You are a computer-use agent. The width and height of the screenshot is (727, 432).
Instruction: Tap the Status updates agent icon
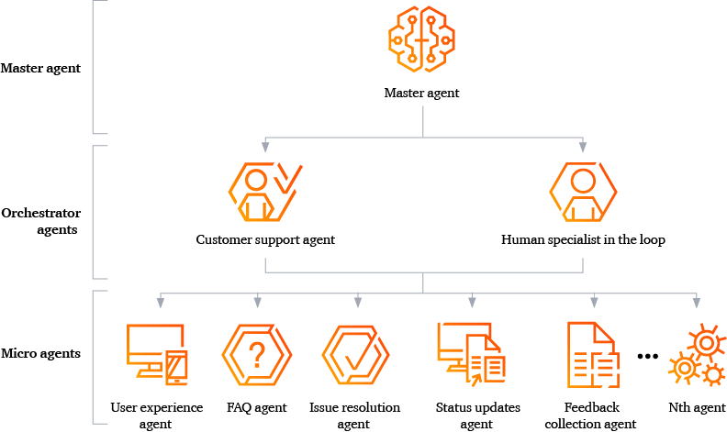[469, 353]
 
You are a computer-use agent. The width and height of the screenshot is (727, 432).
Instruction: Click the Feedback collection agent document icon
[591, 353]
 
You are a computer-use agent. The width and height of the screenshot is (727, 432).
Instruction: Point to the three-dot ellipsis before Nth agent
[648, 356]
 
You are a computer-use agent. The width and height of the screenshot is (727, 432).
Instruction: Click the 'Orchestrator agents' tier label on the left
[40, 221]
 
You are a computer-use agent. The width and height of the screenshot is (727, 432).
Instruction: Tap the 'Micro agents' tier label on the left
[40, 353]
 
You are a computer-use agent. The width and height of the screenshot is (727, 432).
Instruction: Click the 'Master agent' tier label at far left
[40, 68]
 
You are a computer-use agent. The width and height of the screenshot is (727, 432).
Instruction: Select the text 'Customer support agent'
[265, 240]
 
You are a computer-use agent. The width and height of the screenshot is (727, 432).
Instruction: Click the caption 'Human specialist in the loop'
[583, 240]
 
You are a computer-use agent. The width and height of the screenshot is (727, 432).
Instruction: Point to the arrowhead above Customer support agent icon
[265, 147]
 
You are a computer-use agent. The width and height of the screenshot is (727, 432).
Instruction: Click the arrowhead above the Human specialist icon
[583, 147]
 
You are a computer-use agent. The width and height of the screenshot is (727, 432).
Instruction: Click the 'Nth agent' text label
[697, 408]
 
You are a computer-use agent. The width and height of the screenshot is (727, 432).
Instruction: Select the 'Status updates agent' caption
[477, 415]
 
